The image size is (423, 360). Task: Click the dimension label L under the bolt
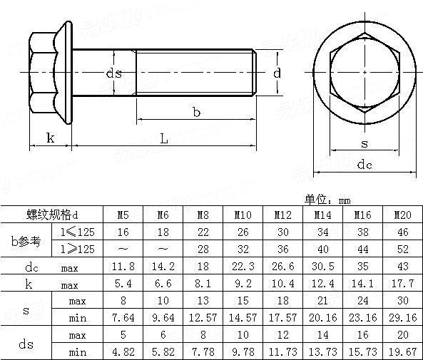point(163,139)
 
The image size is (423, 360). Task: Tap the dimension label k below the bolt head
point(50,138)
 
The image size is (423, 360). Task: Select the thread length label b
point(196,111)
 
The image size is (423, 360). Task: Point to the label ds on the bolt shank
point(113,73)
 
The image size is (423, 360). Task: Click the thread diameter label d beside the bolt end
point(277,72)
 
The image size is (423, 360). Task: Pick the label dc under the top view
point(365,165)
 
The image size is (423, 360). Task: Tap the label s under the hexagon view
point(365,143)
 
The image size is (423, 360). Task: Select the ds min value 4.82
point(122,351)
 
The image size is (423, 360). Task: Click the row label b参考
point(26,240)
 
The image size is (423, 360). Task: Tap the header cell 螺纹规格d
point(51,215)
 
